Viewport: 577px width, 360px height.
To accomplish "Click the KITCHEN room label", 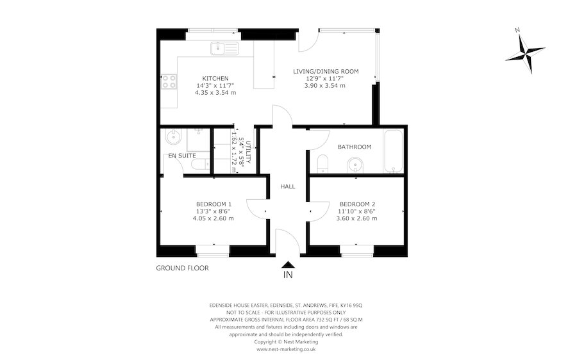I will [x=215, y=78].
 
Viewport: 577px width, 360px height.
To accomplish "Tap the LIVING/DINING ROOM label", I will [x=326, y=71].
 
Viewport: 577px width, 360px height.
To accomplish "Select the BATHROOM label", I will [x=355, y=147].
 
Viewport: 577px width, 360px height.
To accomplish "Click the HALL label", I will [x=288, y=186].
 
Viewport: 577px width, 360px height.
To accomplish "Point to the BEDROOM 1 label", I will [x=213, y=204].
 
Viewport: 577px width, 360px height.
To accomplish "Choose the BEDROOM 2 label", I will [x=356, y=204].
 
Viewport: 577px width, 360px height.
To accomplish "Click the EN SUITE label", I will [x=182, y=156].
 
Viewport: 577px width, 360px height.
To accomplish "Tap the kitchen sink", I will [x=224, y=47].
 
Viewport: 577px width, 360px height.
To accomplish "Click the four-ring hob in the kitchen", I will [x=169, y=81].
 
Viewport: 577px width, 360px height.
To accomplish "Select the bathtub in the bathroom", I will [x=393, y=152].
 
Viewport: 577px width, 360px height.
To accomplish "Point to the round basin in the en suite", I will [x=172, y=136].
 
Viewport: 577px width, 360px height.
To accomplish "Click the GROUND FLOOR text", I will [x=183, y=268].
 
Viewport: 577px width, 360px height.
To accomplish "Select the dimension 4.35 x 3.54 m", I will [x=215, y=92].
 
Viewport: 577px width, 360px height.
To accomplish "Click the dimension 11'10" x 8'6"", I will [x=356, y=211].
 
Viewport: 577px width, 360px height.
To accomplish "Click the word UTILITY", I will [x=250, y=152].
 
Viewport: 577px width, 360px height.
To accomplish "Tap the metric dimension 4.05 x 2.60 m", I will [x=213, y=218].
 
